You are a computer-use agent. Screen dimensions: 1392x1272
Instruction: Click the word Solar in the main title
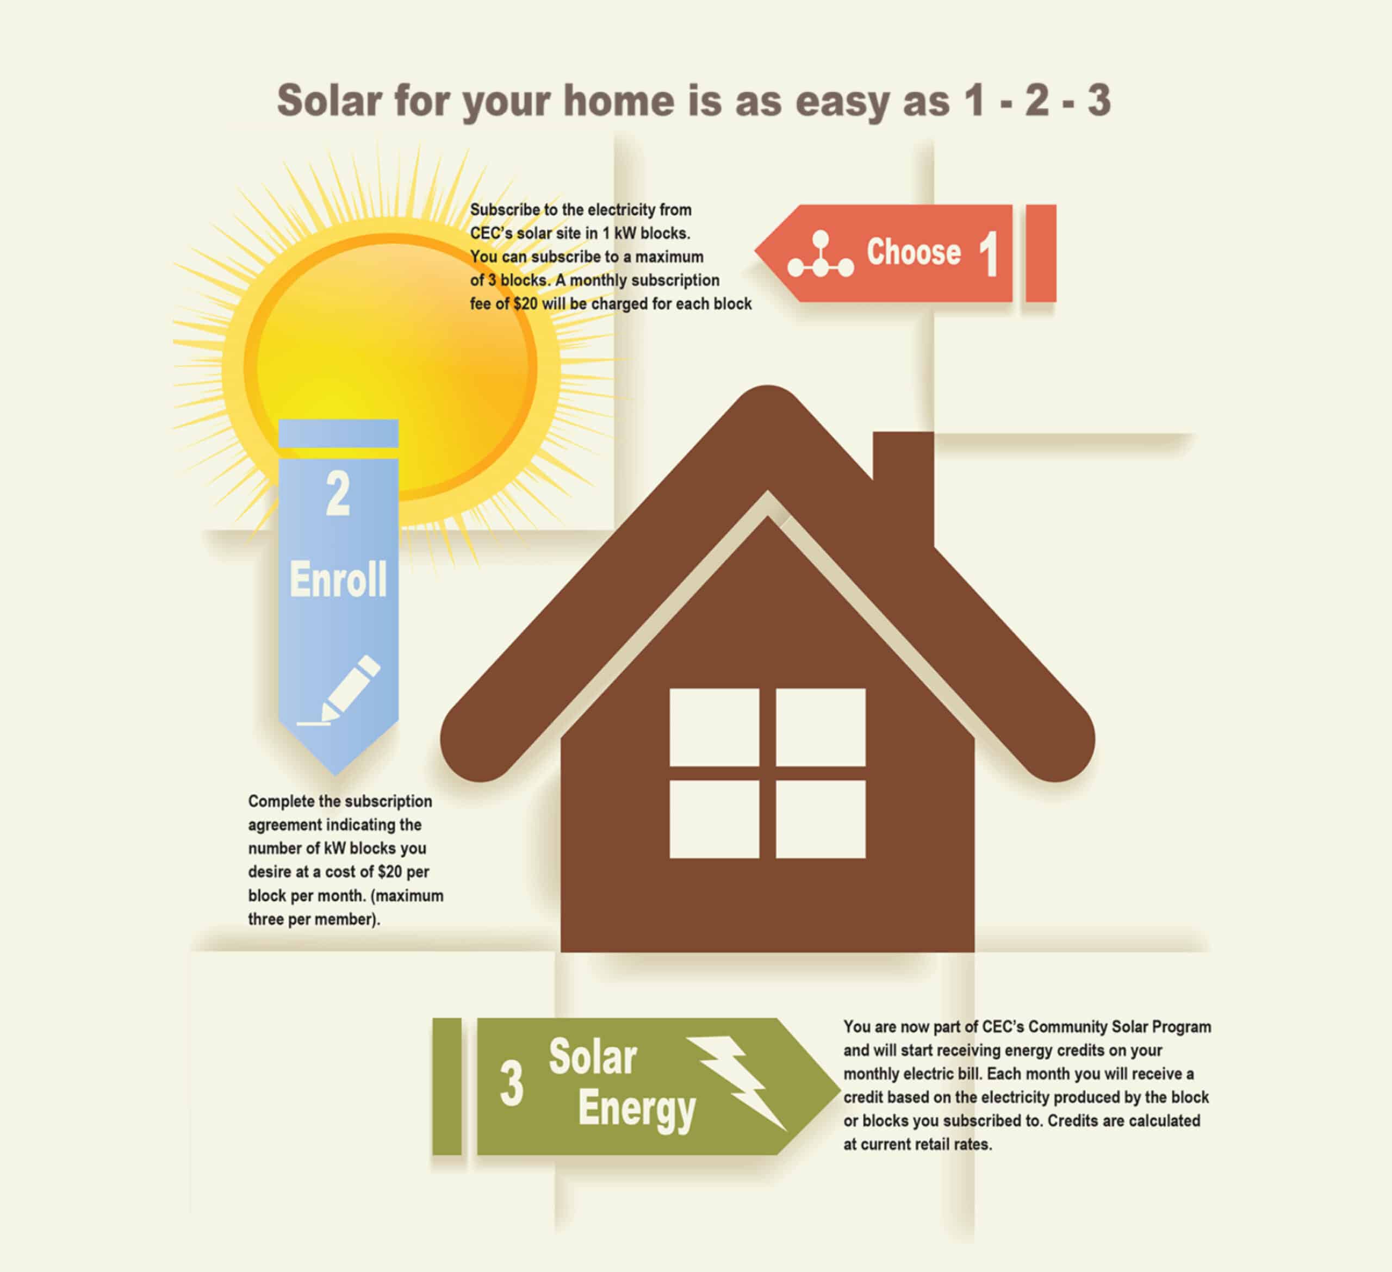coord(330,101)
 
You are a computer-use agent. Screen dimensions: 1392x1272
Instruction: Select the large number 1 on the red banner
coord(988,254)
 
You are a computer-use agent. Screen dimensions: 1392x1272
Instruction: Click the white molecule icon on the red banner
coord(821,255)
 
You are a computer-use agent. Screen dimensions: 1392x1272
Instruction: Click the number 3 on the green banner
coord(512,1084)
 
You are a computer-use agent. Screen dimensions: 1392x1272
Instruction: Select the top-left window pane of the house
coord(714,727)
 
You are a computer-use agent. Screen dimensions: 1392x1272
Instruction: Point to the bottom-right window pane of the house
coord(821,819)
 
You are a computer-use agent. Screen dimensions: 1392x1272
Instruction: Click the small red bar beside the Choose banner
coord(1041,253)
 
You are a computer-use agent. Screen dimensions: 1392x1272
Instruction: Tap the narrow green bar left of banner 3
coord(447,1086)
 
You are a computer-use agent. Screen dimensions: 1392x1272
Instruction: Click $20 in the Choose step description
coord(525,304)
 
